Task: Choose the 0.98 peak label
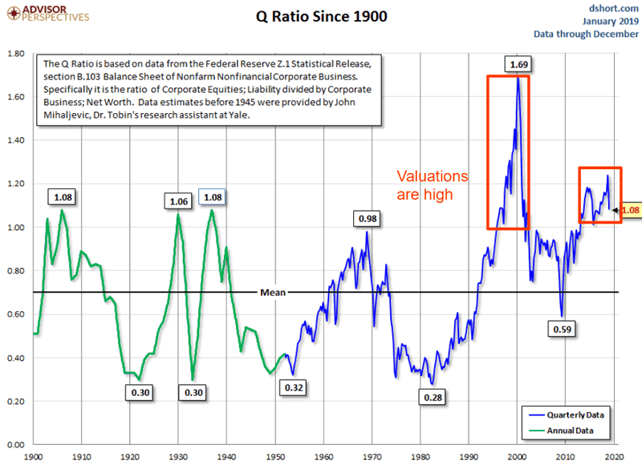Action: pyautogui.click(x=368, y=218)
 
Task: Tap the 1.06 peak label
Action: pyautogui.click(x=177, y=200)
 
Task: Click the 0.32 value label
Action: pyautogui.click(x=293, y=387)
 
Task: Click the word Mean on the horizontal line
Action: pyautogui.click(x=272, y=293)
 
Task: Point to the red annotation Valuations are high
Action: pyautogui.click(x=434, y=184)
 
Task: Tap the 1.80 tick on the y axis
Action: pyautogui.click(x=15, y=54)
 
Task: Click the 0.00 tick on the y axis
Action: pyautogui.click(x=15, y=444)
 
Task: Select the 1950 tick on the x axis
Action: pyautogui.click(x=274, y=456)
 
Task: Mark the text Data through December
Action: pyautogui.click(x=587, y=34)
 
